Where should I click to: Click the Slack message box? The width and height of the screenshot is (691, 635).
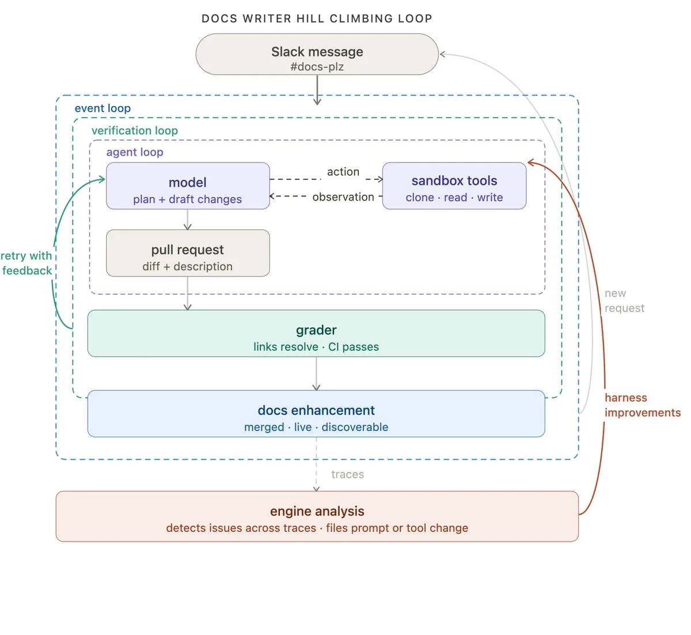tap(317, 54)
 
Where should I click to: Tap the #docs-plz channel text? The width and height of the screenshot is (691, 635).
tap(317, 66)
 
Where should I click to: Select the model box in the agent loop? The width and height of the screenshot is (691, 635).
tap(188, 186)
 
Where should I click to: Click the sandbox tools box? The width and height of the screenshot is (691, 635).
tap(454, 186)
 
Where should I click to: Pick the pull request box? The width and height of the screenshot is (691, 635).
tap(188, 253)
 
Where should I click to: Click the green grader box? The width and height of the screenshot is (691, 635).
tap(316, 334)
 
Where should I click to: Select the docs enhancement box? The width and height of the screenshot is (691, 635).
tap(316, 414)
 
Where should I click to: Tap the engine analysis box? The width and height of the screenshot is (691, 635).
tap(317, 516)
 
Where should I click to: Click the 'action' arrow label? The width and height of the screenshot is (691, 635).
tap(343, 172)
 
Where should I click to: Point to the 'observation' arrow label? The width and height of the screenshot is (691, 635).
tap(343, 197)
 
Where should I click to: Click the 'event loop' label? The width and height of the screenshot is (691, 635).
tap(102, 108)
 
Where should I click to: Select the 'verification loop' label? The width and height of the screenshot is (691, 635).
tap(135, 131)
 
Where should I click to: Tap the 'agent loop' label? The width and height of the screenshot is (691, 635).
tap(135, 152)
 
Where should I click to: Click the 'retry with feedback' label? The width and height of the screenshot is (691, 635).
tap(26, 263)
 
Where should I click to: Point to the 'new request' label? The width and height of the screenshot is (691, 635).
tap(624, 300)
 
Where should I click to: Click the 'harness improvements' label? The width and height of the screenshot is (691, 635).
tap(643, 405)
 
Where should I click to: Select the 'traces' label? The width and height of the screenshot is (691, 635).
tap(347, 474)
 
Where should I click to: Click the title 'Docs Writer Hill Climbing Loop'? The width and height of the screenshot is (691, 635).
tap(317, 18)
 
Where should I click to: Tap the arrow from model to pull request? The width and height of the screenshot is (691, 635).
tap(187, 220)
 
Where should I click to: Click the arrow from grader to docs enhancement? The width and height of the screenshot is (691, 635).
tap(316, 374)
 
